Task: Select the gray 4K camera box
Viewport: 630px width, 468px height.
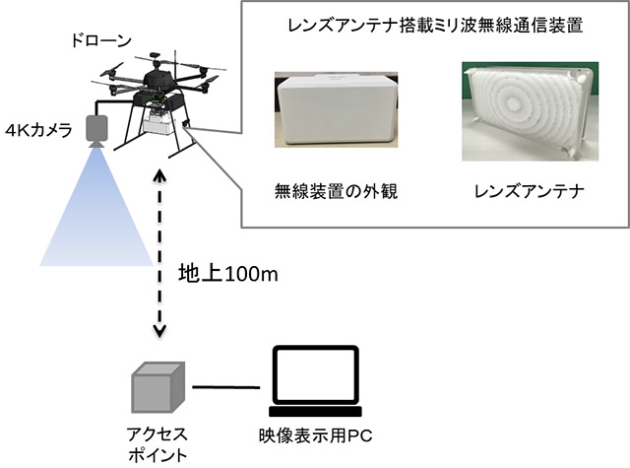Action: (98, 127)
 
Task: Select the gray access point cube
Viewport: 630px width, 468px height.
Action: (156, 385)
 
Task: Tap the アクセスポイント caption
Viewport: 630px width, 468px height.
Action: (156, 442)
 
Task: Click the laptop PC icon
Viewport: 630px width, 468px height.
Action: (314, 379)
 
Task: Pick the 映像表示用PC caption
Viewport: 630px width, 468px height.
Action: (314, 434)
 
